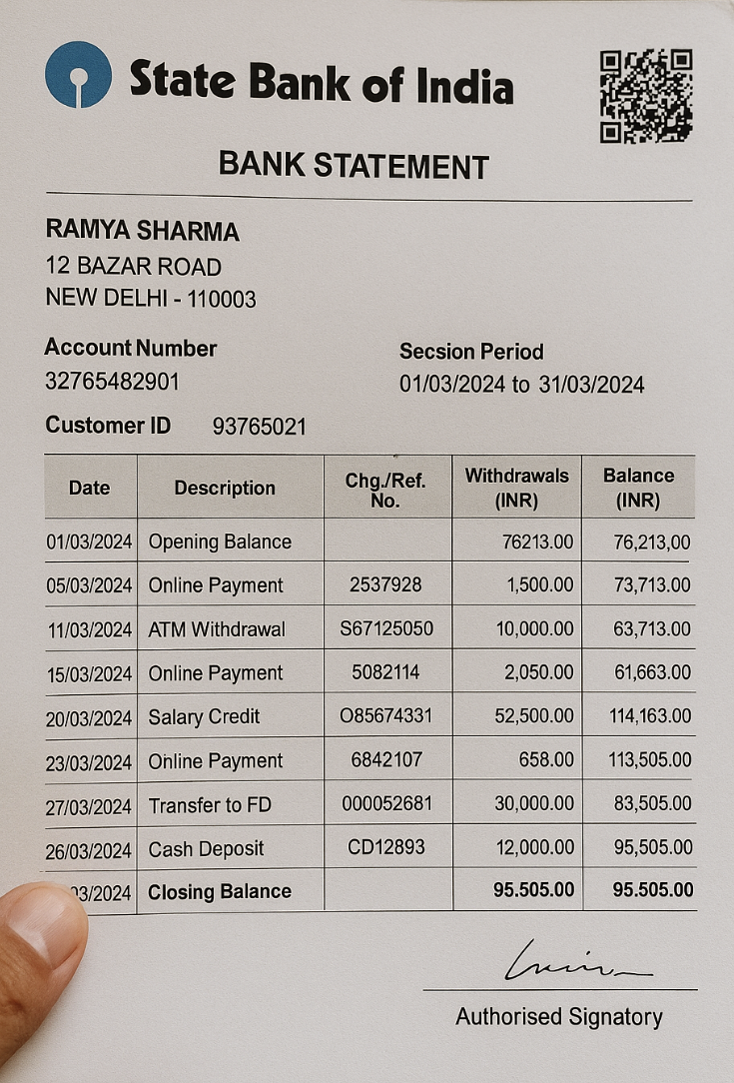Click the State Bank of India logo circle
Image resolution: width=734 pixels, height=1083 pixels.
coord(78,74)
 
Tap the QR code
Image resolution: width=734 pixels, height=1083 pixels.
coord(645,96)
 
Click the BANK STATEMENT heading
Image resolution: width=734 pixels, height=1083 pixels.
coord(354,165)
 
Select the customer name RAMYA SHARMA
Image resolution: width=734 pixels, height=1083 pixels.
coord(142,231)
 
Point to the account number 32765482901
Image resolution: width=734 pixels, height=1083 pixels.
coord(112,381)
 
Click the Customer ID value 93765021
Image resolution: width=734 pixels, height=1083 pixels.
coord(259,427)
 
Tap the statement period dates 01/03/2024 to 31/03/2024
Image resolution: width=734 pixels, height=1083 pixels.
coord(521,384)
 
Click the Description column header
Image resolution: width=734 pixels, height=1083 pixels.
coord(225,488)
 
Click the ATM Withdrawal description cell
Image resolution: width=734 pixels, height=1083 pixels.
coord(217,629)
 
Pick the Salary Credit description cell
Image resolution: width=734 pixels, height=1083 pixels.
coord(204,716)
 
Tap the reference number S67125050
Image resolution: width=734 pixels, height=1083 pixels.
coord(386,628)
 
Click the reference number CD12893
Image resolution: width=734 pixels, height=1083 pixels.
coord(386,847)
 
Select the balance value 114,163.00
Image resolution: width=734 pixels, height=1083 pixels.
coord(650,716)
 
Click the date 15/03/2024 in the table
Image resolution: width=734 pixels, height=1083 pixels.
coord(89,674)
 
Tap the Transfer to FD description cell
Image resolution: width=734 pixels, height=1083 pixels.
coord(210,805)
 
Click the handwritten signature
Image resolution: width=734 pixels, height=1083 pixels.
coord(574,963)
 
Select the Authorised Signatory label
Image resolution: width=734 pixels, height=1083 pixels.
coord(558,1017)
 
